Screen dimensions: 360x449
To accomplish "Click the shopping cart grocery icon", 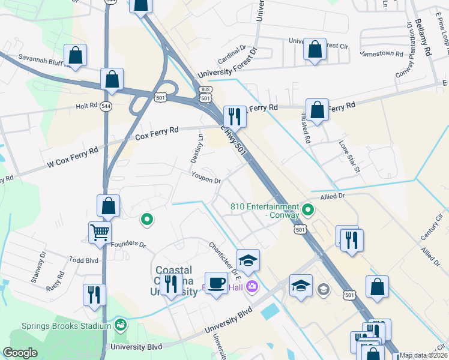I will click(100, 232).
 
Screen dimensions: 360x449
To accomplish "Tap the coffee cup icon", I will click(216, 282).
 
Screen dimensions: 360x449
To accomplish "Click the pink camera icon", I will click(251, 286).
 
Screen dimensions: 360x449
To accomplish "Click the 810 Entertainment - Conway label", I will click(265, 212).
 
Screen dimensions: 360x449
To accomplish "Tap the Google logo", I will click(20, 353).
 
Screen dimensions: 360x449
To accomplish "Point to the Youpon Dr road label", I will click(206, 178).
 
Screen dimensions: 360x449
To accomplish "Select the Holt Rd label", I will click(86, 106).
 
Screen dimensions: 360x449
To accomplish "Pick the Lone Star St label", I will click(349, 157).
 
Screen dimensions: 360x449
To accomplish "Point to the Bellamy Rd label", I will click(423, 38).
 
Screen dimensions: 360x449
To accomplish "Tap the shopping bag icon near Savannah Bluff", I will click(76, 56).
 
